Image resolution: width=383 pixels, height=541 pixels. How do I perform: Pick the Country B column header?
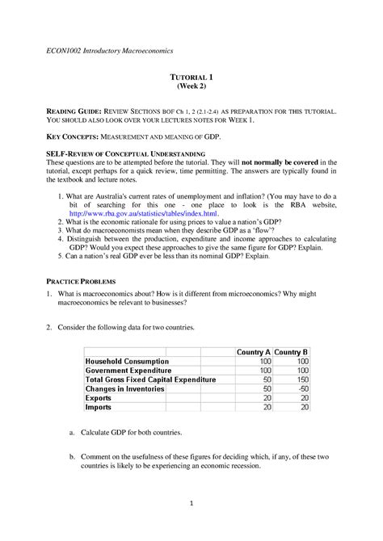click(292, 352)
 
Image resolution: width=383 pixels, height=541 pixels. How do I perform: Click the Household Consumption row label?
click(128, 361)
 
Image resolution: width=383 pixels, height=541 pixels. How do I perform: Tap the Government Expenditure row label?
click(130, 370)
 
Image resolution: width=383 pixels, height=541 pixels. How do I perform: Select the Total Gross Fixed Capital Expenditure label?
click(150, 380)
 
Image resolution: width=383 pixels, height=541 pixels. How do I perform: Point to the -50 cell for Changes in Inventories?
click(302, 388)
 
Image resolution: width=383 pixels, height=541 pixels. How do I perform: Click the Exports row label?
click(100, 398)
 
